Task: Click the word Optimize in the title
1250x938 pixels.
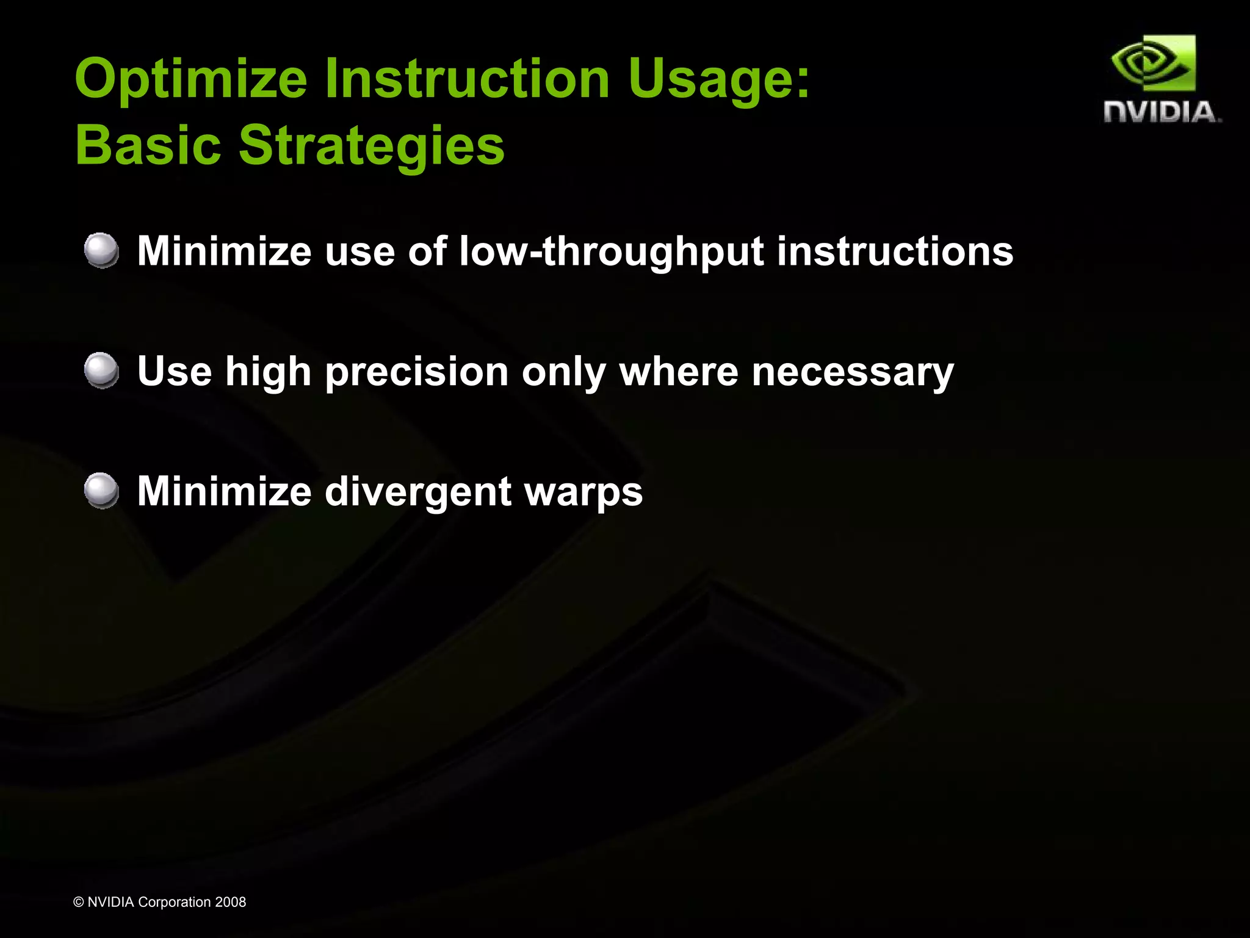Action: pos(190,79)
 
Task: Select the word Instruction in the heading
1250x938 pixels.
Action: pos(467,79)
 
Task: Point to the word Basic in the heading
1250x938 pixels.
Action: pos(148,145)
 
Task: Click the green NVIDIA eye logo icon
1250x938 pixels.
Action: pos(1153,63)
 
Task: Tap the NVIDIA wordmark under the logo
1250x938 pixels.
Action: pos(1161,112)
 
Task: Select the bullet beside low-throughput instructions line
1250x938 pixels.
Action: pos(101,250)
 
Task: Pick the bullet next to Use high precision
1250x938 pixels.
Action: pos(101,370)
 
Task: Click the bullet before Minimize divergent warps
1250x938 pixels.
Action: pos(101,491)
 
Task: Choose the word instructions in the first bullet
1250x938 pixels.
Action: pos(895,251)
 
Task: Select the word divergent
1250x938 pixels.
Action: pos(418,492)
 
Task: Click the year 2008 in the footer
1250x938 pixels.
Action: pos(230,902)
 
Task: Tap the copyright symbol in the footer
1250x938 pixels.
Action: pos(78,902)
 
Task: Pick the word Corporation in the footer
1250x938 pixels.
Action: pos(175,903)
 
